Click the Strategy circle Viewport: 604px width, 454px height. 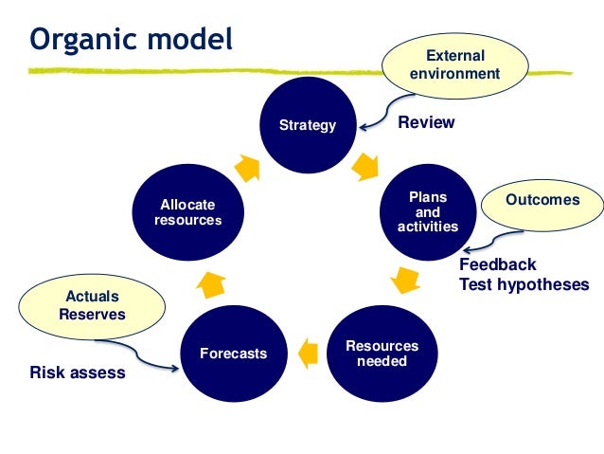307,125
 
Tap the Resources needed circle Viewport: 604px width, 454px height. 382,354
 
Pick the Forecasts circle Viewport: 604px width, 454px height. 233,354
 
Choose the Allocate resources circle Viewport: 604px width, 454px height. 187,212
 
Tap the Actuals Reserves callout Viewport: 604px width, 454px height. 92,305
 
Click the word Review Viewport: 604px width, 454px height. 426,122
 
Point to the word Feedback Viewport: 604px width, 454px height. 497,264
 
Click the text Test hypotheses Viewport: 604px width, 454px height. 524,284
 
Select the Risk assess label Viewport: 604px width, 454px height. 77,372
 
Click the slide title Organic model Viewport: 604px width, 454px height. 131,40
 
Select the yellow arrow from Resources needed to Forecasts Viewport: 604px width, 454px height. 307,354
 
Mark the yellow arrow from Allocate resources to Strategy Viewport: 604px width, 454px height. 247,168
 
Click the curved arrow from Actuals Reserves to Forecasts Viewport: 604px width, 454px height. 151,354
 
